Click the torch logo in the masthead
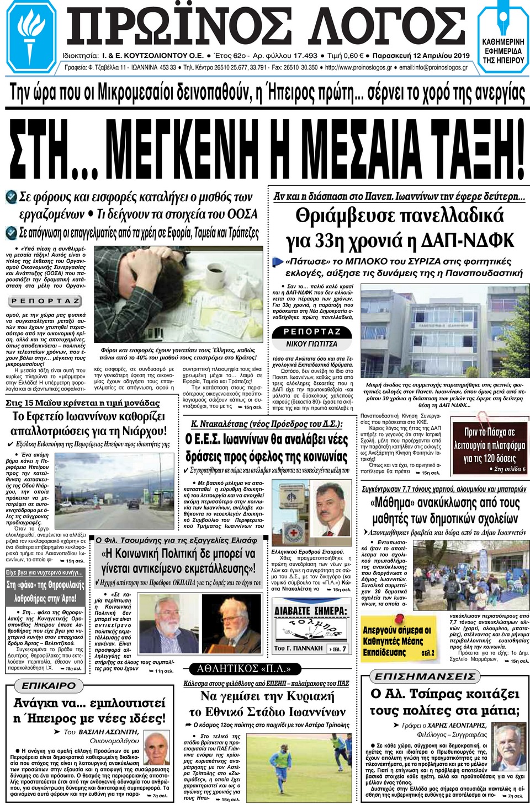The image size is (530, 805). [x=32, y=35]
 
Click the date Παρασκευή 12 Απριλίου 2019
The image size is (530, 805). [x=421, y=56]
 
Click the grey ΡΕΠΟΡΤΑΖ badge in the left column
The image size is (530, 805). [x=46, y=301]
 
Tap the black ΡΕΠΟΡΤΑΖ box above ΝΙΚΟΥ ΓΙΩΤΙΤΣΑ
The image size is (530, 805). [x=312, y=332]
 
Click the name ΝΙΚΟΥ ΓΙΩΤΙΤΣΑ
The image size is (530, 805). [x=311, y=344]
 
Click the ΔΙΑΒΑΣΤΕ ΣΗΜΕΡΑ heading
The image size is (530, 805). [x=311, y=611]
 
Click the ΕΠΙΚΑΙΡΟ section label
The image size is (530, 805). [x=49, y=685]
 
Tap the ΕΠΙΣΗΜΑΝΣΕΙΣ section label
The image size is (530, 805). [x=425, y=676]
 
